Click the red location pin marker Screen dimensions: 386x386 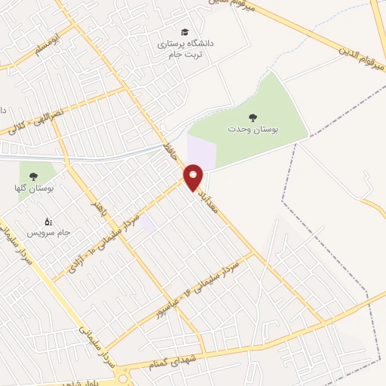[194, 177]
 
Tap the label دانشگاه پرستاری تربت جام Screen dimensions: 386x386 [185, 49]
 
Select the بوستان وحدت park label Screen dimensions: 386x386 [253, 129]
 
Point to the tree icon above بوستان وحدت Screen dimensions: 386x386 [253, 116]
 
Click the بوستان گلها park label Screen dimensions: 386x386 [32, 188]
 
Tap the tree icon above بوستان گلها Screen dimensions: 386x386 [32, 175]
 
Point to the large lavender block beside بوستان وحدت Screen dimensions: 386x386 [201, 152]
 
